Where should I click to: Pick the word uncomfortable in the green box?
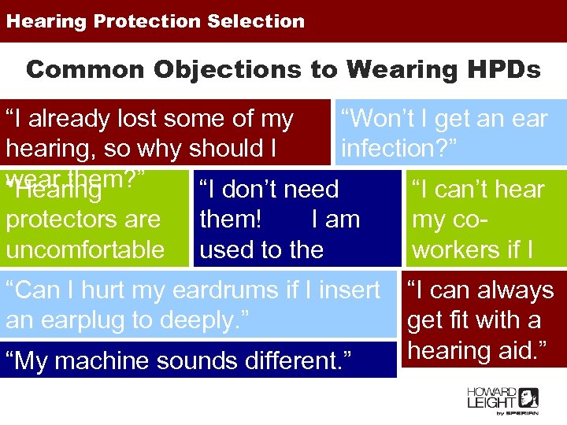coord(85,249)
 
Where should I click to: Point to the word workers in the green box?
coord(461,249)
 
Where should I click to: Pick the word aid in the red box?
coord(517,350)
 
